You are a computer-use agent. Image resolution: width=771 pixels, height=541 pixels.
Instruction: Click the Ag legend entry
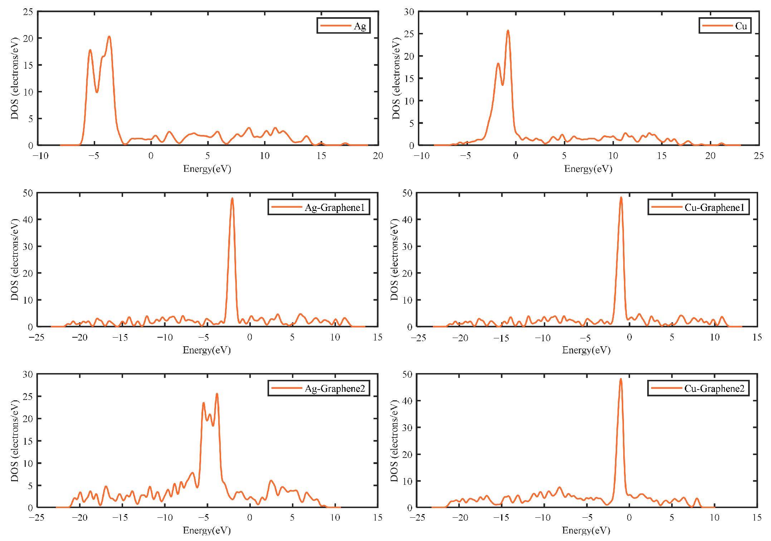coord(360,26)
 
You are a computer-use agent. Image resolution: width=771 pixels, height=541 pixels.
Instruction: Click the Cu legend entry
coord(741,26)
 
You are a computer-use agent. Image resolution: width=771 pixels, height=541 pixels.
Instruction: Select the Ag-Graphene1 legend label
coord(335,207)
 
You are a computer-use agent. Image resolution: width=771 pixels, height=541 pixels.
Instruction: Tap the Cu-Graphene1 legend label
coord(714,207)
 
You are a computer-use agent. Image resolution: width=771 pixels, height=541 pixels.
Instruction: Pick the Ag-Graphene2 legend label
coord(335,388)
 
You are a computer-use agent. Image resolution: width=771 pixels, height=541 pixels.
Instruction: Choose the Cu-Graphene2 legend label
coord(714,388)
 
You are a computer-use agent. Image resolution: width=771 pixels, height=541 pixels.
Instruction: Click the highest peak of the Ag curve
coord(109,37)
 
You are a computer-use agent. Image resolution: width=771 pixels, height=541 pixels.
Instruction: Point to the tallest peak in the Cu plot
coord(508,31)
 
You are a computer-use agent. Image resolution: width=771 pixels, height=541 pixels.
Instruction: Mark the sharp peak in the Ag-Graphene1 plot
coord(232,198)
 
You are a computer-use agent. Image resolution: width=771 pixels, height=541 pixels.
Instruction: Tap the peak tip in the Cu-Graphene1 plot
coord(621,198)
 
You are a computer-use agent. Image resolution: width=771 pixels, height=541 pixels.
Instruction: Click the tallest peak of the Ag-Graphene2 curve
coord(217,394)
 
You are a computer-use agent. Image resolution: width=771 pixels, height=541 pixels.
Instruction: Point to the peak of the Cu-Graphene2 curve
coord(621,379)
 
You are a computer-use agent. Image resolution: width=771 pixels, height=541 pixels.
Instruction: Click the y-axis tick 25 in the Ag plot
coord(28,12)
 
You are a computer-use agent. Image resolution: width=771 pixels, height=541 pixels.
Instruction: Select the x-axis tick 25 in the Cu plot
coord(758,156)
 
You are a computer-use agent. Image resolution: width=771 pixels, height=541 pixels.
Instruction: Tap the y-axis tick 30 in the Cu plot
coord(409,12)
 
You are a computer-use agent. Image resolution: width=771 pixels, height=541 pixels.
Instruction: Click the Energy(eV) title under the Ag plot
coord(207,169)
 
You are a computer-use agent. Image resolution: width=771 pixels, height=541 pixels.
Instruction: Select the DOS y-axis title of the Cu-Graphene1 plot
coord(394,260)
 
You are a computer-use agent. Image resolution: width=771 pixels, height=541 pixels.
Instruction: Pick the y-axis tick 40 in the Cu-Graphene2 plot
coord(408,401)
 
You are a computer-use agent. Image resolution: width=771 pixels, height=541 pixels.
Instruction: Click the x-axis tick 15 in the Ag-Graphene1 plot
coord(377,337)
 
